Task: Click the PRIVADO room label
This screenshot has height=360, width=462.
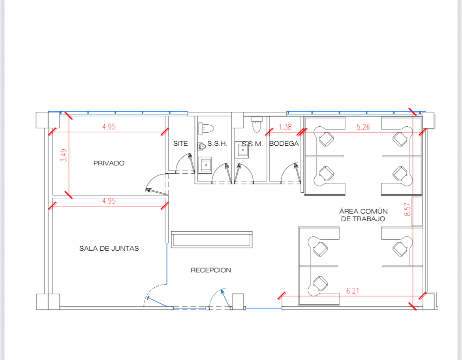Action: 109,163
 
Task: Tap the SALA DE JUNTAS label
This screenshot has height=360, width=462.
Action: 109,248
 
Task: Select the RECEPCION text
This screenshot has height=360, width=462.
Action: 211,270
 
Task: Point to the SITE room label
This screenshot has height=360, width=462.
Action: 180,143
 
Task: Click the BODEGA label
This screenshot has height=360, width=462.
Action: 284,143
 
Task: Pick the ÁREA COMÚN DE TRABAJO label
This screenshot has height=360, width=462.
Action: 363,215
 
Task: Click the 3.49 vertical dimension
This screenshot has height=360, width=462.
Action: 64,155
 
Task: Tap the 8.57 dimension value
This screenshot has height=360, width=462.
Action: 408,210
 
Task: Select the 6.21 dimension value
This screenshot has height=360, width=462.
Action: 352,291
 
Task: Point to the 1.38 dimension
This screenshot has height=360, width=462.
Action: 285,127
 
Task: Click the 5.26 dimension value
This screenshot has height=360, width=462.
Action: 363,127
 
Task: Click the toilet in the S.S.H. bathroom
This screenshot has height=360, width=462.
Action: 206,128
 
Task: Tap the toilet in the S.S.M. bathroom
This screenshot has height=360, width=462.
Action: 257,125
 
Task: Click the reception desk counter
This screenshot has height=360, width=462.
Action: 212,240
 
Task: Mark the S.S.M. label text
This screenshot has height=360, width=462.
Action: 252,144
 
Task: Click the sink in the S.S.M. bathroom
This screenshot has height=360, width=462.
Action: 242,150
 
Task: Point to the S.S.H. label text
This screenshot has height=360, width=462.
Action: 218,143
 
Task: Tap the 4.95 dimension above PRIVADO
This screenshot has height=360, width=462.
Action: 109,127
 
